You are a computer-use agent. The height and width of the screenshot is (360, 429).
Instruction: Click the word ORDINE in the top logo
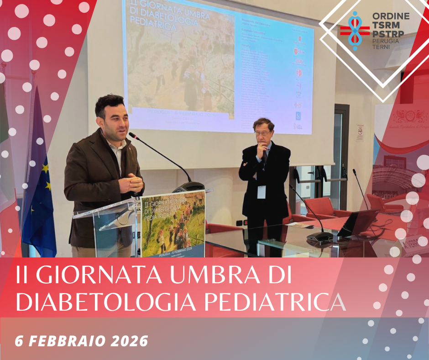point(391,16)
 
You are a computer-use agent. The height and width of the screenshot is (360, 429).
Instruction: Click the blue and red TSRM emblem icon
point(355,30)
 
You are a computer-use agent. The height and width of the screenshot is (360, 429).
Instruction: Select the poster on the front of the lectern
point(173,224)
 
